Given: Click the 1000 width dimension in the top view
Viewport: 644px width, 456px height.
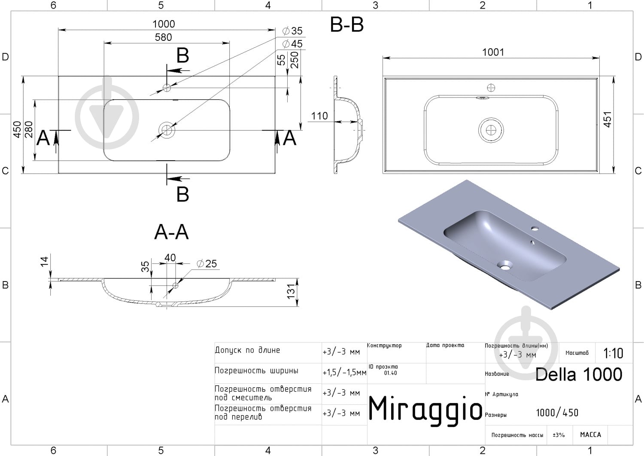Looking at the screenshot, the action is pyautogui.click(x=164, y=24).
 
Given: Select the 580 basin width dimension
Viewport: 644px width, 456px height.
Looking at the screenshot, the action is pyautogui.click(x=163, y=37).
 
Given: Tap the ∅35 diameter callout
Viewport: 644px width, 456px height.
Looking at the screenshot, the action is pyautogui.click(x=292, y=31).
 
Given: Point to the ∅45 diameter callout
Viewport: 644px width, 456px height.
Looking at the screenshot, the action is pyautogui.click(x=292, y=44).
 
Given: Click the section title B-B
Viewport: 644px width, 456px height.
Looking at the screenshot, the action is pyautogui.click(x=347, y=24).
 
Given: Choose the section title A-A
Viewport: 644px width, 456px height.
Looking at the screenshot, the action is pyautogui.click(x=171, y=232).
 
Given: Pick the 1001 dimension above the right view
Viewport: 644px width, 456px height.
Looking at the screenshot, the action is pyautogui.click(x=493, y=52).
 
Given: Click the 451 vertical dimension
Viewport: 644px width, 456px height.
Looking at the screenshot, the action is pyautogui.click(x=607, y=119).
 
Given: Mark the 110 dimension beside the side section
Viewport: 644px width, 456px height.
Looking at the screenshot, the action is pyautogui.click(x=319, y=116).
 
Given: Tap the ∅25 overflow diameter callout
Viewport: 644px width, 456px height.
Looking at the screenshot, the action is pyautogui.click(x=207, y=264).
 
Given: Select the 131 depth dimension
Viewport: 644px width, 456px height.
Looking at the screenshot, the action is pyautogui.click(x=291, y=291).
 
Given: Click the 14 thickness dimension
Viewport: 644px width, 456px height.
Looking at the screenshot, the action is pyautogui.click(x=44, y=262).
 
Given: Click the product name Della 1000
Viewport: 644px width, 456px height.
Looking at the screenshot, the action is pyautogui.click(x=579, y=374).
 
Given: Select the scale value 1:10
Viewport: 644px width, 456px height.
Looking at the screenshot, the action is pyautogui.click(x=613, y=353).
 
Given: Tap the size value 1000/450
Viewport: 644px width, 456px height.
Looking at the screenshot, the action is pyautogui.click(x=557, y=413).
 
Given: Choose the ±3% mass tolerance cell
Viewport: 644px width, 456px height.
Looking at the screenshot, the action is pyautogui.click(x=559, y=435).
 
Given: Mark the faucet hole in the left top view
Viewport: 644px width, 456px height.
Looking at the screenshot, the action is pyautogui.click(x=167, y=88).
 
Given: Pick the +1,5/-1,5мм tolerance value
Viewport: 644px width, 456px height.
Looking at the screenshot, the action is pyautogui.click(x=344, y=373).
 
